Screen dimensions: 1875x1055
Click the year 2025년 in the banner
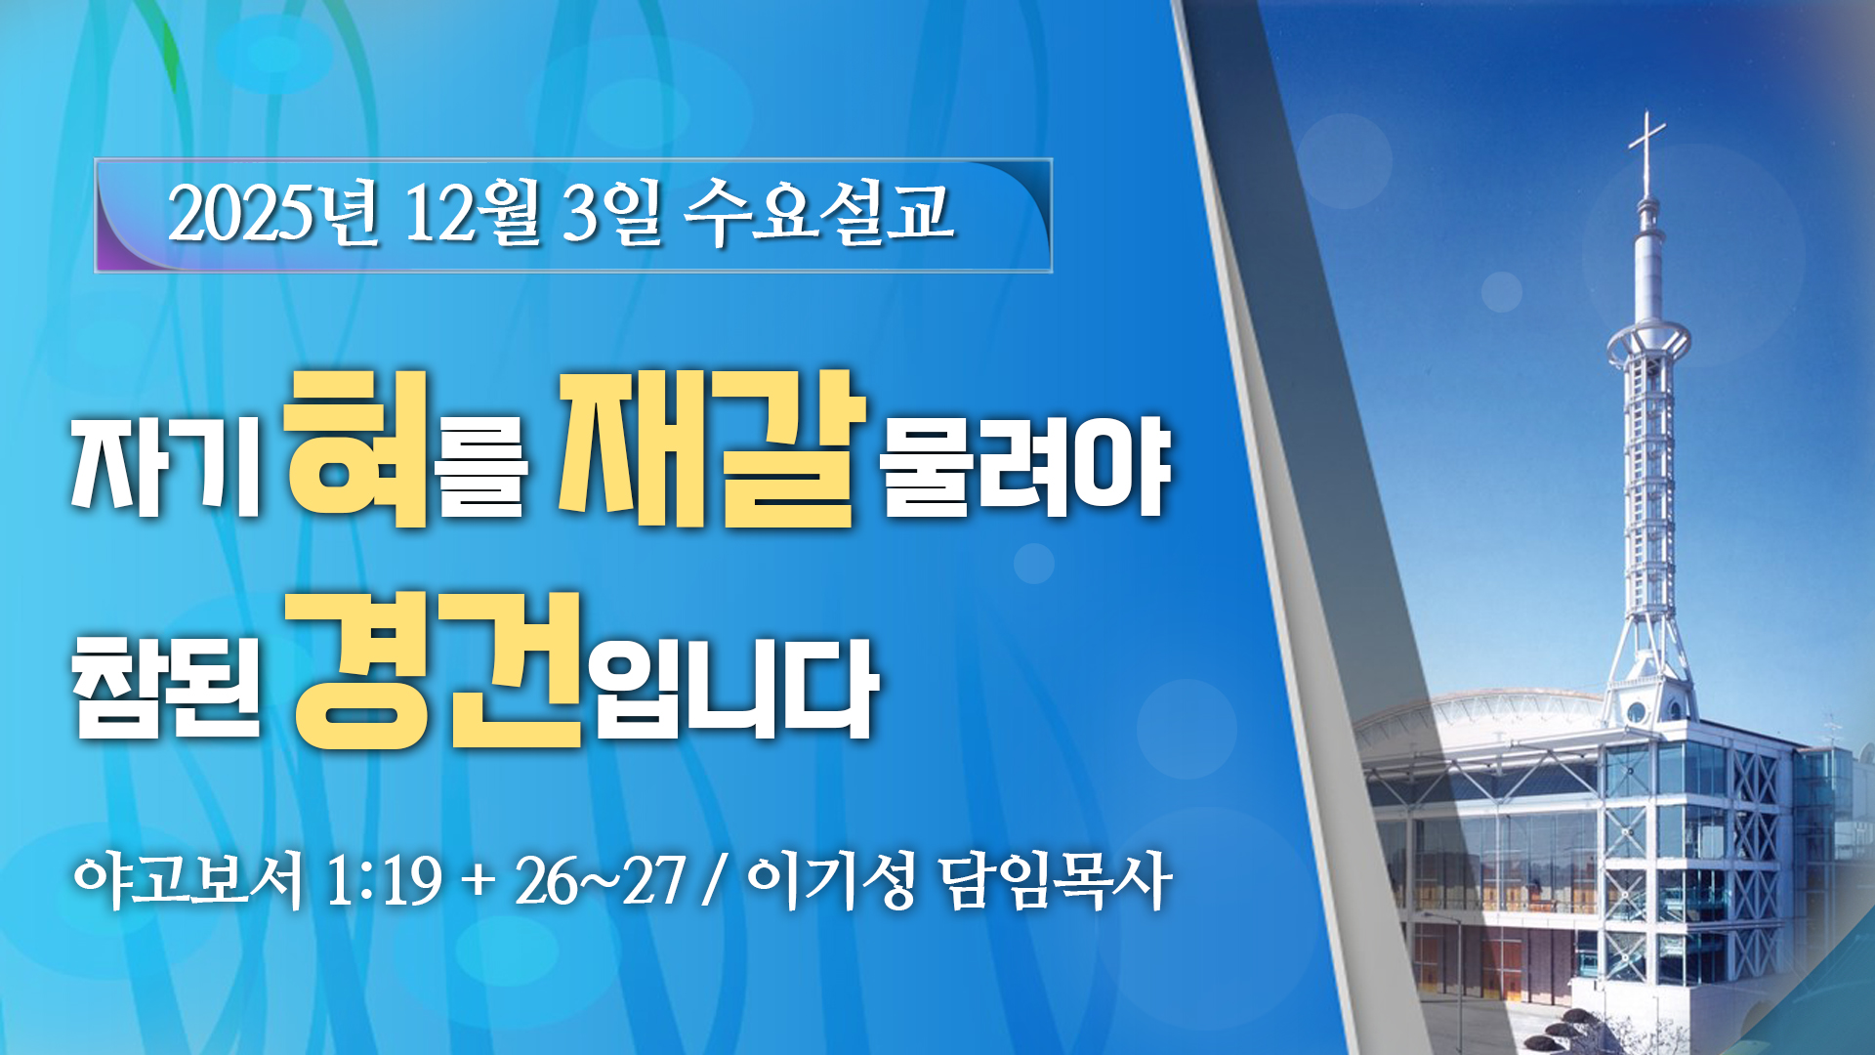(273, 213)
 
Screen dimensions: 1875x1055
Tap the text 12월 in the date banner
(473, 213)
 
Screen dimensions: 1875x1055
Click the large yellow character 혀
(357, 448)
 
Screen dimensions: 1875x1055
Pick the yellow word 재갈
(712, 448)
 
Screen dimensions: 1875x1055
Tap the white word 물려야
(1025, 467)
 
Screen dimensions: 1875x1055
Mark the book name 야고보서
(188, 881)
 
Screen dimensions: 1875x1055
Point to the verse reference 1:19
(384, 881)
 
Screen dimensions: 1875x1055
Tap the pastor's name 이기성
(831, 881)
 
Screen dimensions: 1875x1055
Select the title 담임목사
(1055, 881)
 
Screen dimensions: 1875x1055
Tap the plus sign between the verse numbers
(478, 884)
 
